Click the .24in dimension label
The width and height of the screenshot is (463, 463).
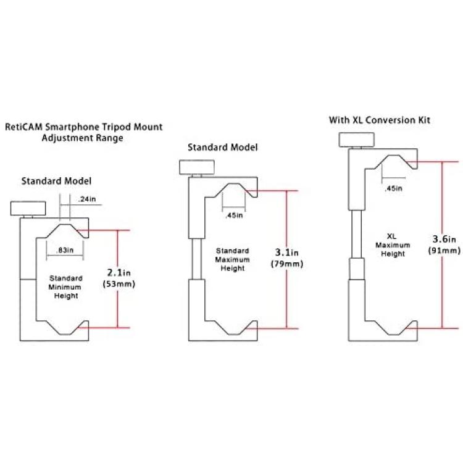pos(87,199)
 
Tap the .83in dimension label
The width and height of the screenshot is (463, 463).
pos(65,251)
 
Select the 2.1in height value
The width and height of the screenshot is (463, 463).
pos(119,272)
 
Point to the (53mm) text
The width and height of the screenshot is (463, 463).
pos(119,284)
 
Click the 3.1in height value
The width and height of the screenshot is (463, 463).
pos(286,252)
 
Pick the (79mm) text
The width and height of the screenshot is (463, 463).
pos(287,264)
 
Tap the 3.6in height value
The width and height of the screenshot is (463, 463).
pos(444,239)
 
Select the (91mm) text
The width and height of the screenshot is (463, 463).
pos(444,251)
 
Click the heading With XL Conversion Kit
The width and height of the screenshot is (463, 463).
pos(380,120)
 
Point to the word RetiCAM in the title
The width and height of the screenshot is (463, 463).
pos(24,127)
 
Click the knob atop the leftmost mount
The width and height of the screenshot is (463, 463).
pos(28,209)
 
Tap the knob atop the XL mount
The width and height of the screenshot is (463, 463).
pos(356,140)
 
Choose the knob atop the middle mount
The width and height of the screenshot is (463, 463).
pos(197,167)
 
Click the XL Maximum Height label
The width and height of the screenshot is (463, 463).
pos(393,245)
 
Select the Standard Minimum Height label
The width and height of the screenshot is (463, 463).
pos(65,287)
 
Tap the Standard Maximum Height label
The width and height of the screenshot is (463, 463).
pos(232,259)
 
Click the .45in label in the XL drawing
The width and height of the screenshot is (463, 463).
pos(393,188)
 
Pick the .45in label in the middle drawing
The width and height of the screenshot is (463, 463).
pos(234,215)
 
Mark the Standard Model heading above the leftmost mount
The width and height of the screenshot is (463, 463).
pos(56,181)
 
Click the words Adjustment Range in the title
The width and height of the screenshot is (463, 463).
pos(82,138)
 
